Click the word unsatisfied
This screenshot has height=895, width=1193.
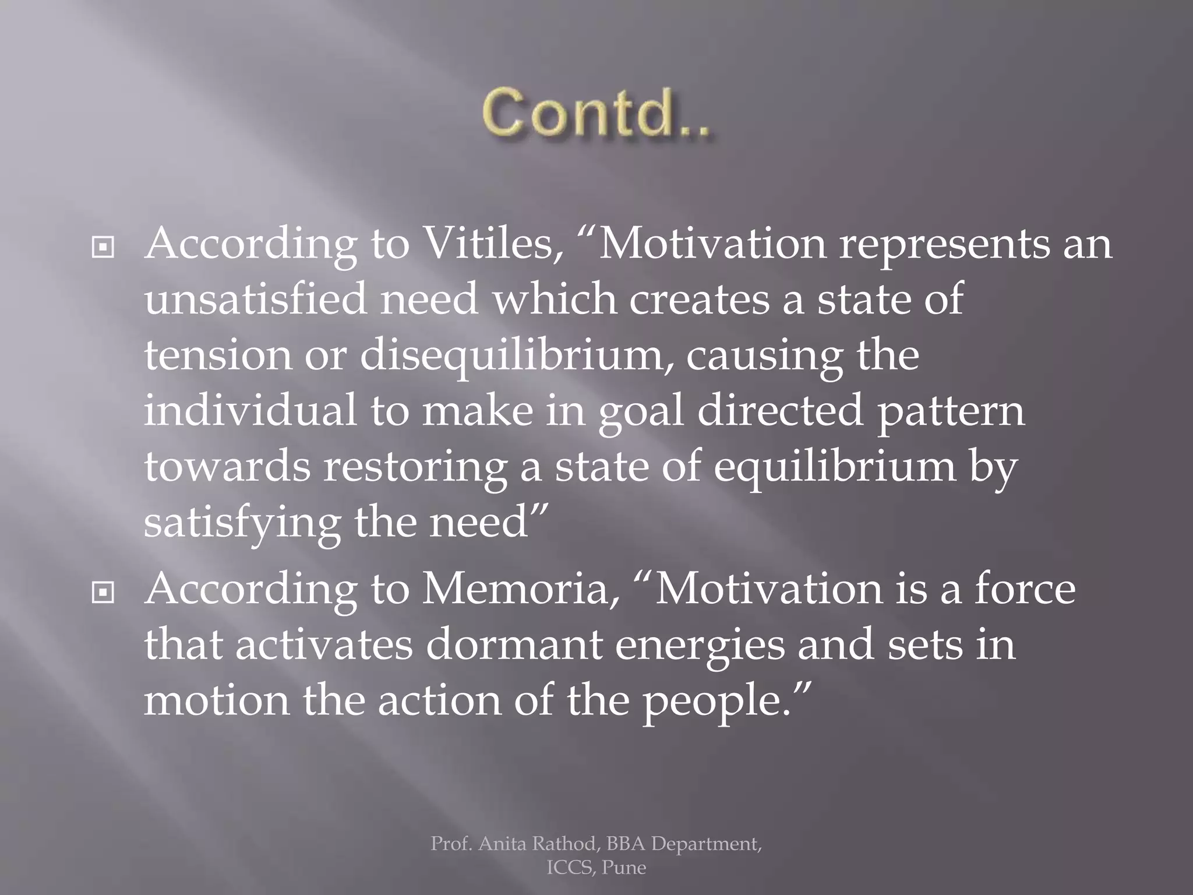tap(255, 298)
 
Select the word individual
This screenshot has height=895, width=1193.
tap(250, 410)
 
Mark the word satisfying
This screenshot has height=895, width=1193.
tap(242, 522)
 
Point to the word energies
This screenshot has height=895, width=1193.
tap(700, 646)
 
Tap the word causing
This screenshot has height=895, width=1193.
tap(764, 355)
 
